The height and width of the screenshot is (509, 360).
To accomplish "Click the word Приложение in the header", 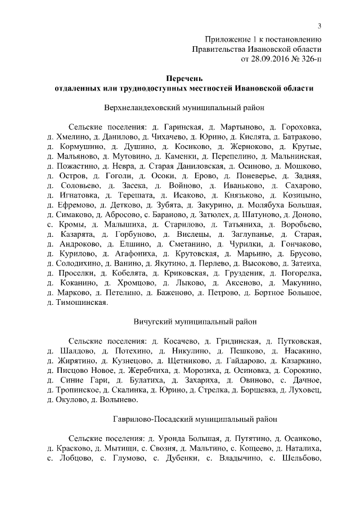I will click(227, 39).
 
